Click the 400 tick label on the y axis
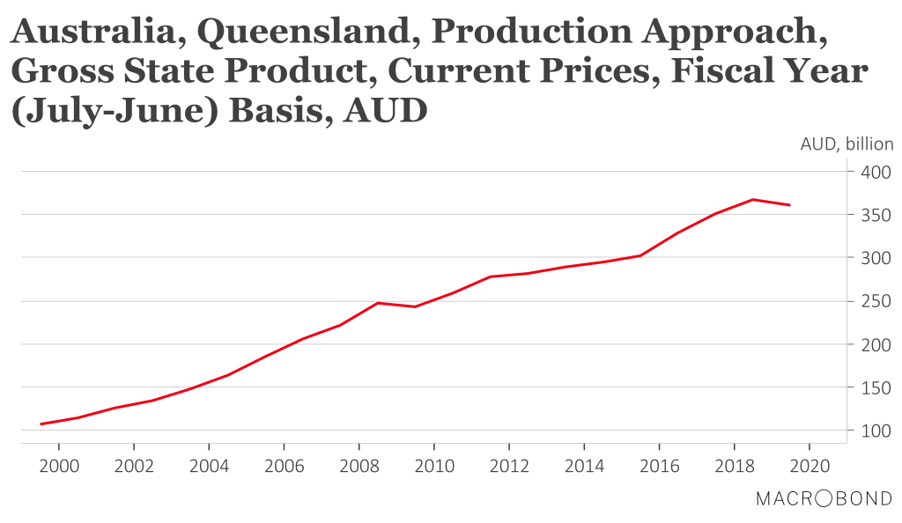(x=875, y=172)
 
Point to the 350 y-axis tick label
(x=875, y=215)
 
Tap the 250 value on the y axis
(x=875, y=301)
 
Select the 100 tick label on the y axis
(x=875, y=431)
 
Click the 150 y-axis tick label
(x=875, y=387)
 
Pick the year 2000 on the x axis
(x=59, y=464)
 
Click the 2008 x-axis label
(x=359, y=464)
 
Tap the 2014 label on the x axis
(x=584, y=464)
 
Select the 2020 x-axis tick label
(x=810, y=464)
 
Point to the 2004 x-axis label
(x=209, y=464)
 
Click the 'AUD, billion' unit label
(x=847, y=144)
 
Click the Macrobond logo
(x=824, y=499)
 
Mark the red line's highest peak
(x=753, y=200)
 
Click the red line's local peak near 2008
(x=378, y=303)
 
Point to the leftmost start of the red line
(x=41, y=424)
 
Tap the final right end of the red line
(x=790, y=205)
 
